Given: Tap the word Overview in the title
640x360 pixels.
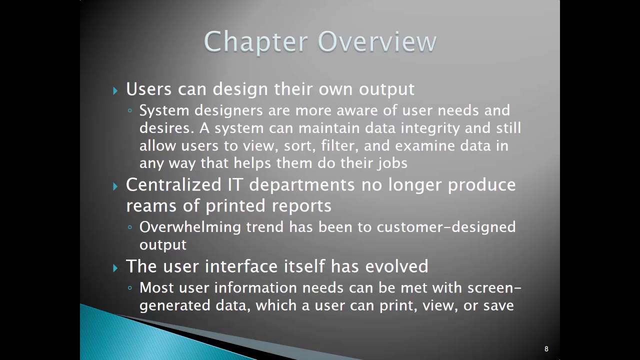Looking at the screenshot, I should click(x=377, y=41).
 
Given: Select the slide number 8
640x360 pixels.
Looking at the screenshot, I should click(x=546, y=349).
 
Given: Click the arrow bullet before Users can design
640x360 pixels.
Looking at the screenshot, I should click(x=115, y=90).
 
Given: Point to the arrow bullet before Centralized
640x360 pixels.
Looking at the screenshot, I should click(x=115, y=186).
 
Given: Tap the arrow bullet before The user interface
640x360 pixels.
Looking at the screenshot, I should click(x=115, y=267).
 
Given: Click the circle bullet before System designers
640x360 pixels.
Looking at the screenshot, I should click(x=130, y=111).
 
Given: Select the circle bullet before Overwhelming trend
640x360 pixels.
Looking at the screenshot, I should click(x=130, y=227).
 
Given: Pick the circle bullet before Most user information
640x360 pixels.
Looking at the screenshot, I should click(x=130, y=288).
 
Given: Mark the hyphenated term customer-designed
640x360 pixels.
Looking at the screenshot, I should click(x=446, y=227).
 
